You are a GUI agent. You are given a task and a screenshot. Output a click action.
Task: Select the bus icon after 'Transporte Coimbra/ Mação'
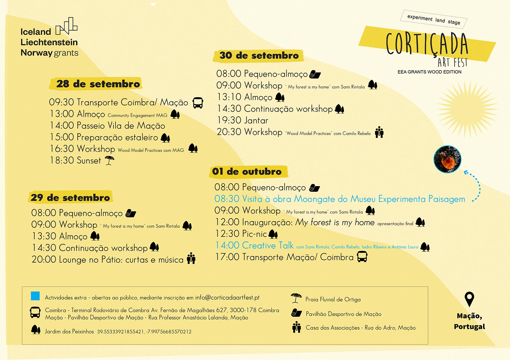click(198, 103)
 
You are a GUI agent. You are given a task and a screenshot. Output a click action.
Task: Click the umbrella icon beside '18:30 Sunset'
click(109, 160)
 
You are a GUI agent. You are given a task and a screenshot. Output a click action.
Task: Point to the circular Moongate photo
click(447, 159)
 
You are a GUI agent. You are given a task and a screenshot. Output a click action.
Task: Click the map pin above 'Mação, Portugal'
click(469, 299)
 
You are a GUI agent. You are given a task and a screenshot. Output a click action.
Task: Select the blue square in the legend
click(35, 296)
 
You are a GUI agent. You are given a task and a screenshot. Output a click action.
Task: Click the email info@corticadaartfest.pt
click(227, 298)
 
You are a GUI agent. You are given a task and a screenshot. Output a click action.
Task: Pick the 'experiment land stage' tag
click(433, 19)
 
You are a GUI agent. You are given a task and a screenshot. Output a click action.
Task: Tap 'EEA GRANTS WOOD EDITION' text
click(429, 72)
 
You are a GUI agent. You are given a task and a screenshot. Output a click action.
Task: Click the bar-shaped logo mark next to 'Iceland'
click(67, 26)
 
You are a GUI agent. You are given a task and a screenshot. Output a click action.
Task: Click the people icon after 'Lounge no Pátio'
click(191, 258)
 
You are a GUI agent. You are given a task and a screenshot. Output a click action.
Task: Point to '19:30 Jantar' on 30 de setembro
click(243, 120)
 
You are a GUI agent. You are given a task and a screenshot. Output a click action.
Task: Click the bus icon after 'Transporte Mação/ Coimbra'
click(362, 256)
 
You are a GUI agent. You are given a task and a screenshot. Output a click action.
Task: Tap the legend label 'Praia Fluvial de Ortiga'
click(333, 299)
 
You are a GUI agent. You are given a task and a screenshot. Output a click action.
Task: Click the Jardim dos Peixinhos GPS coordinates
click(144, 332)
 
